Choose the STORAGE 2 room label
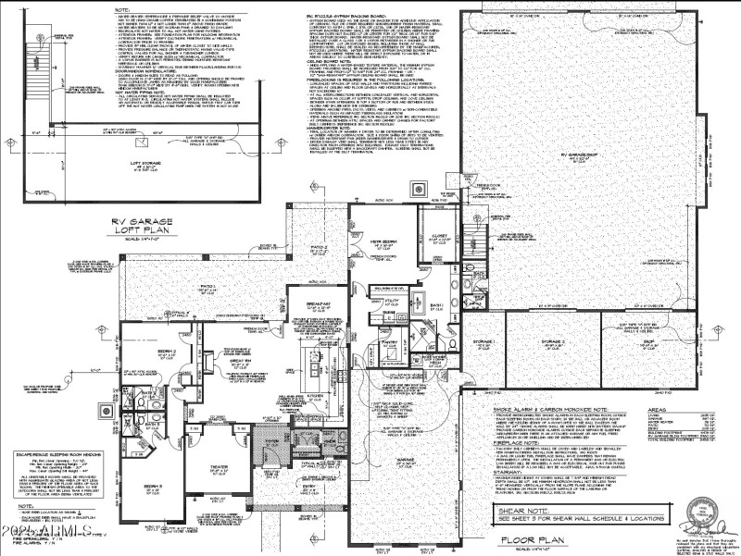click(x=555, y=340)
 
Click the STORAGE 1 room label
click(x=487, y=340)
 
